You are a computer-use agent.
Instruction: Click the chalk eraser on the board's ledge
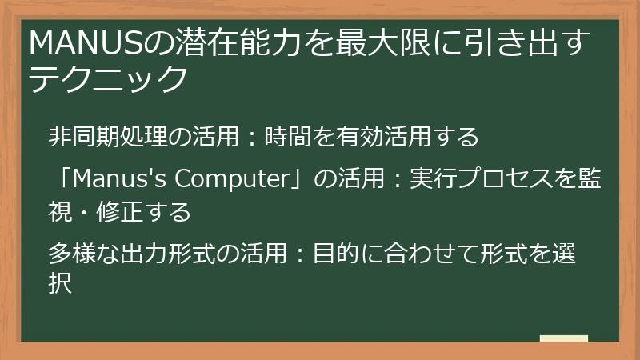pos(563,338)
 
